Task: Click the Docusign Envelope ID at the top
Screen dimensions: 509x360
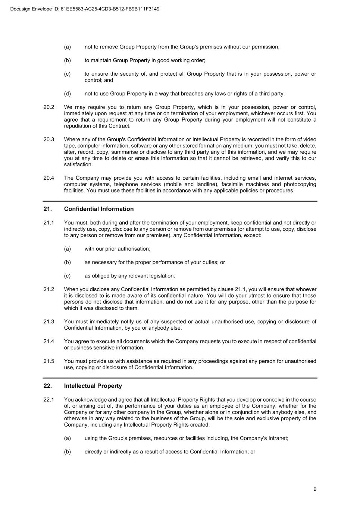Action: pyautogui.click(x=85, y=9)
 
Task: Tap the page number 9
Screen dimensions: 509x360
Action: pyautogui.click(x=315, y=489)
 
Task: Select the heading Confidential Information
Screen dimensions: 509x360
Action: pyautogui.click(x=98, y=209)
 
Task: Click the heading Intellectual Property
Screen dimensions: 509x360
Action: pyautogui.click(x=93, y=386)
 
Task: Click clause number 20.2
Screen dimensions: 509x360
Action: pyautogui.click(x=48, y=107)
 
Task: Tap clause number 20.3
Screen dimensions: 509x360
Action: pyautogui.click(x=48, y=139)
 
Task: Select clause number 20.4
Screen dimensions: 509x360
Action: pyautogui.click(x=48, y=178)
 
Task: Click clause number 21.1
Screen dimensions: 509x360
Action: pyautogui.click(x=48, y=223)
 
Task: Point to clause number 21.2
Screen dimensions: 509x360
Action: pyautogui.click(x=48, y=289)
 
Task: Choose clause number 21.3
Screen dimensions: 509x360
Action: pyautogui.click(x=48, y=321)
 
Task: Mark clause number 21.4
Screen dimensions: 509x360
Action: pyautogui.click(x=48, y=341)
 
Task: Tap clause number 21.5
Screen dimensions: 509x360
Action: pyautogui.click(x=48, y=361)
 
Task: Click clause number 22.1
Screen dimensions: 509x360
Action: pyautogui.click(x=48, y=400)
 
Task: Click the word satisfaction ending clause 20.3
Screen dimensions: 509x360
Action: pyautogui.click(x=78, y=164)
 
